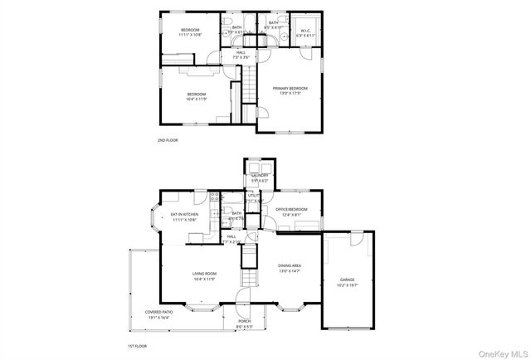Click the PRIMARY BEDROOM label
coord(290,90)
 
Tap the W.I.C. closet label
coord(305,33)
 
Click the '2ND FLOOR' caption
coord(168,140)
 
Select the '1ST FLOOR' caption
coord(137,345)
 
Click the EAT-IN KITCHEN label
coord(184,216)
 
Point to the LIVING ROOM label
coord(205,276)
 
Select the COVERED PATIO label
coord(158,314)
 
